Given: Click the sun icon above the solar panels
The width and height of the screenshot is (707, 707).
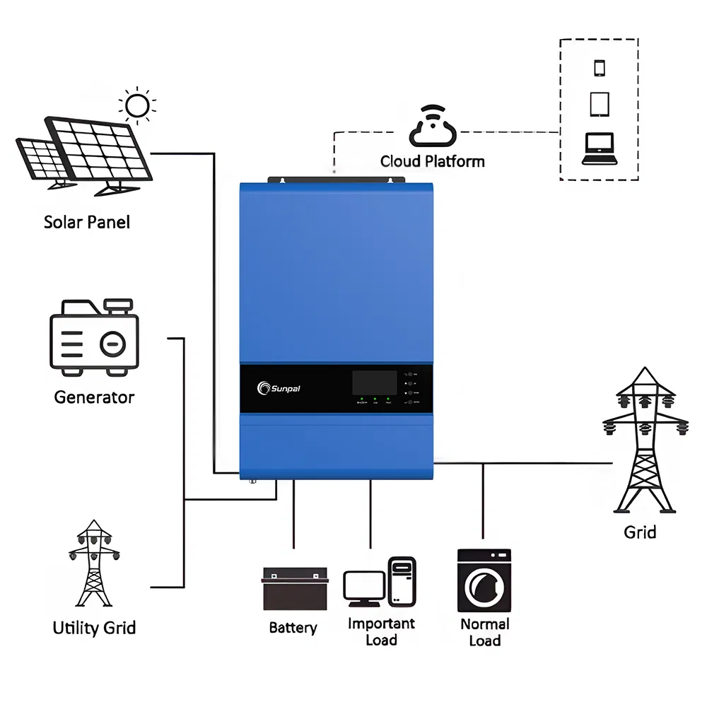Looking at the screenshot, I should [x=137, y=106].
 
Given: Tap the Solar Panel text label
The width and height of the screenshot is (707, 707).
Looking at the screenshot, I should [x=87, y=222].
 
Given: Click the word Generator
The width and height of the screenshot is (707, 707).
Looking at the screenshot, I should [x=94, y=397].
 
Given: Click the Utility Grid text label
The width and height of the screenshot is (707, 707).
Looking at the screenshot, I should [x=94, y=628].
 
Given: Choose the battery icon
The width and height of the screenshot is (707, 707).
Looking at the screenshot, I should [x=296, y=589].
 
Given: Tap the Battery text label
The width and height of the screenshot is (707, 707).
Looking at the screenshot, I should [x=293, y=628].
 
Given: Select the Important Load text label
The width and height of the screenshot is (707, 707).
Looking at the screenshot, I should [x=381, y=632].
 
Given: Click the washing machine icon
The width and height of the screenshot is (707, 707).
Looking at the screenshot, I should [x=484, y=580].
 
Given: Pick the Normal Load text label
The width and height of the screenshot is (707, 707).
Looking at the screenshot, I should [x=484, y=633].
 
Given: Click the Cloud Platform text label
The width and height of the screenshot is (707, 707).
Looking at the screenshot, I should [x=432, y=162].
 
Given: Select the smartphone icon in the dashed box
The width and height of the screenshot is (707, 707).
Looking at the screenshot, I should [x=600, y=68].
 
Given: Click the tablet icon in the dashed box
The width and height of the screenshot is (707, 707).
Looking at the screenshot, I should [x=600, y=105].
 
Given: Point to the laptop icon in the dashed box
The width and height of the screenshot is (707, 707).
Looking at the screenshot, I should [x=600, y=148].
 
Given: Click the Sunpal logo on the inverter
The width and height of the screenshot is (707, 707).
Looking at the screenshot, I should [x=282, y=387].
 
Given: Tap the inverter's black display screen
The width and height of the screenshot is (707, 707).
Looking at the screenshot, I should [x=375, y=383].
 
